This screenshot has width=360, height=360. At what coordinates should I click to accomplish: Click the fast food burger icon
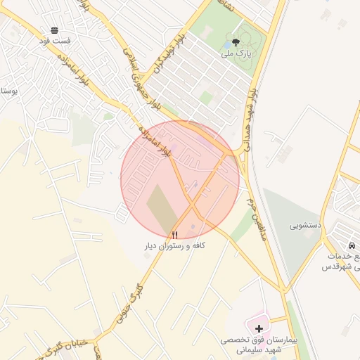[55, 30]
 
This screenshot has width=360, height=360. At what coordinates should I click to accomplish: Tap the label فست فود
[55, 41]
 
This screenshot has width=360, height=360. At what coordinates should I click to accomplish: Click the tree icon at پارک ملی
[235, 42]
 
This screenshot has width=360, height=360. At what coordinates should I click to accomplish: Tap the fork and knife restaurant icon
[175, 234]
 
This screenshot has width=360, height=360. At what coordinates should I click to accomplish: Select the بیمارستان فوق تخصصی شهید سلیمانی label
[250, 344]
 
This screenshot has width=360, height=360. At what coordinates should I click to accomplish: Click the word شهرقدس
[341, 267]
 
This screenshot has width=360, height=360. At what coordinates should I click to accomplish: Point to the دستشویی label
[306, 226]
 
